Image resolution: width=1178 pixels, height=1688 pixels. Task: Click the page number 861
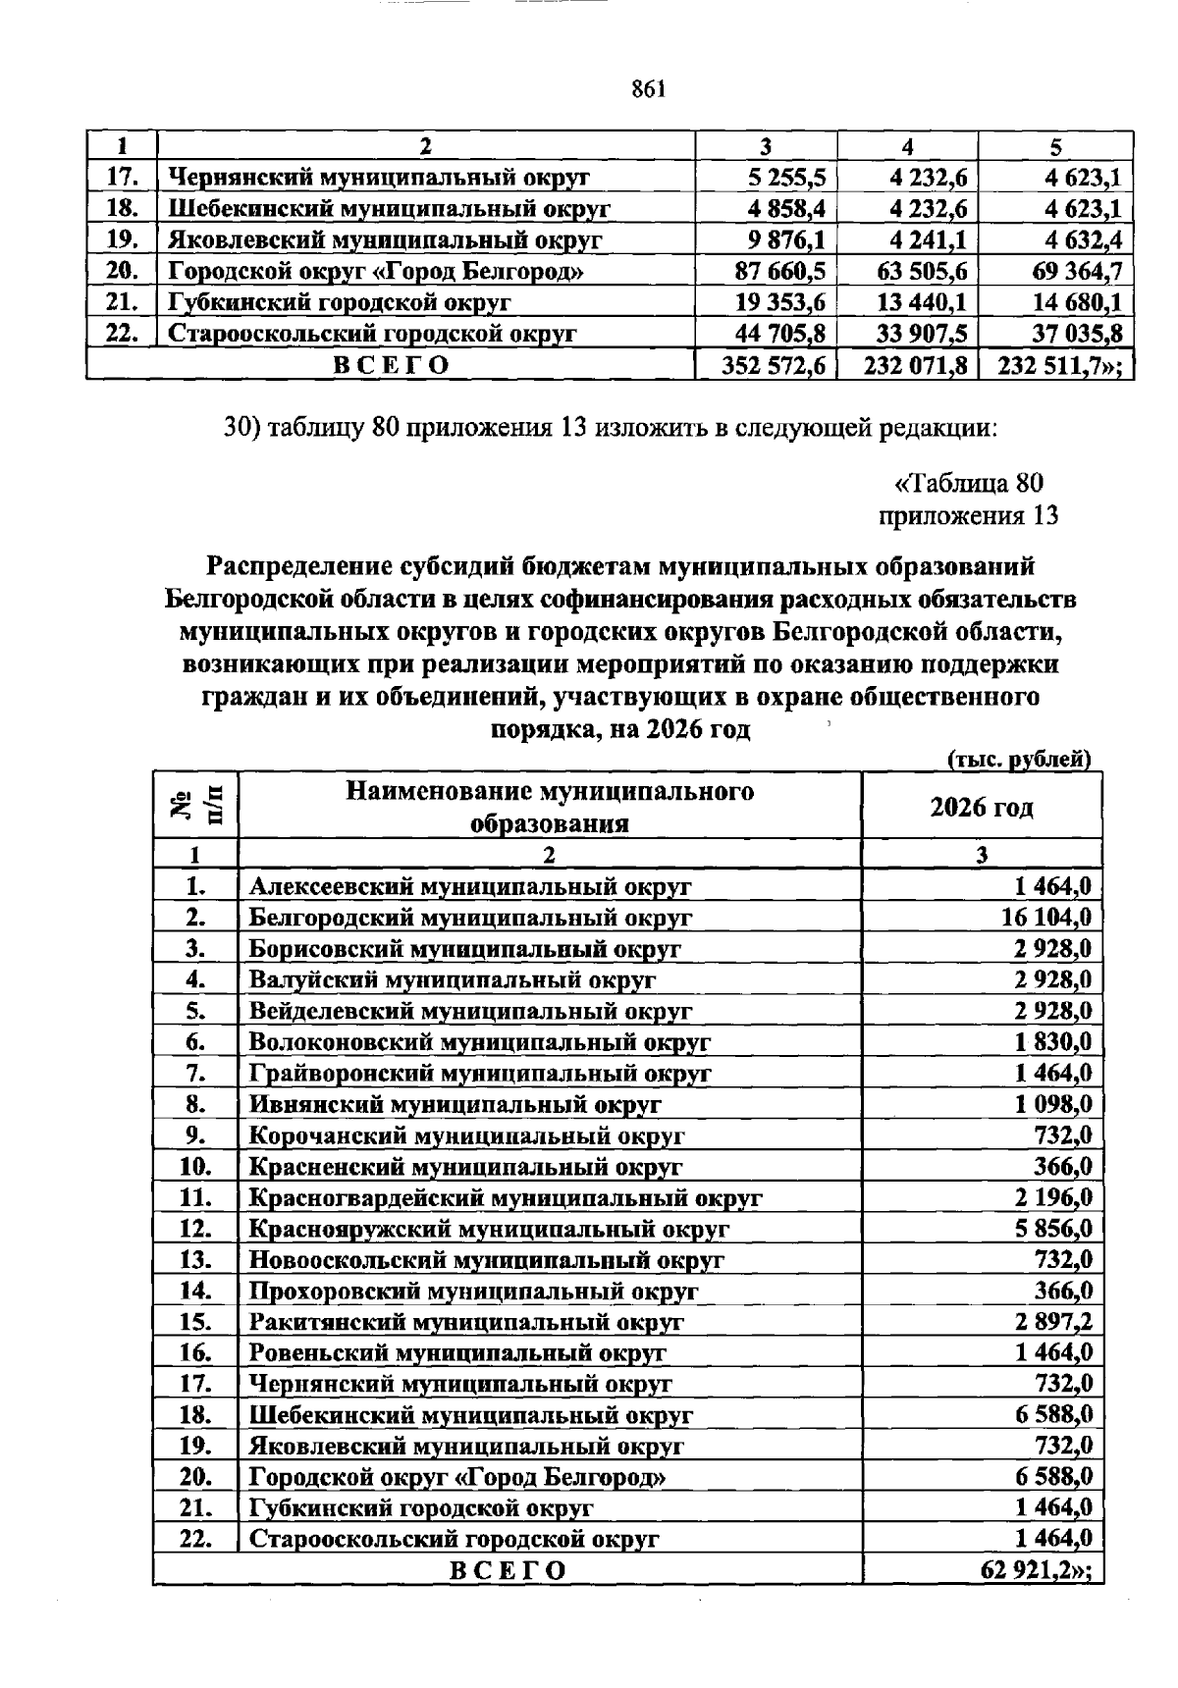coord(650,89)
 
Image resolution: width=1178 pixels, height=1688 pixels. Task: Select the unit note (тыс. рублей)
coord(1019,759)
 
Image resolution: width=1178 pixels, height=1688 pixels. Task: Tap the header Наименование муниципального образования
coord(550,807)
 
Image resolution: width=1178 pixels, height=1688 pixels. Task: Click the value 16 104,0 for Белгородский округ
coord(1046,917)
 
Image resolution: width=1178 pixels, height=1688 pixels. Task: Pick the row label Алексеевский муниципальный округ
coord(470,886)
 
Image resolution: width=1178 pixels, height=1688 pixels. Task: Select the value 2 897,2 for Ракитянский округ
coord(1053,1321)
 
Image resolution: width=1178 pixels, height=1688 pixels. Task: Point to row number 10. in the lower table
coord(196,1166)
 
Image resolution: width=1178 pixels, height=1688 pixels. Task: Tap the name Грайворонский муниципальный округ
coord(480,1073)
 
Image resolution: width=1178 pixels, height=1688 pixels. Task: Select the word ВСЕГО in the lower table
coord(508,1570)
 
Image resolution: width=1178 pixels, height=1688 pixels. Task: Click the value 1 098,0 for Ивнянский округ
coord(1053,1104)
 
